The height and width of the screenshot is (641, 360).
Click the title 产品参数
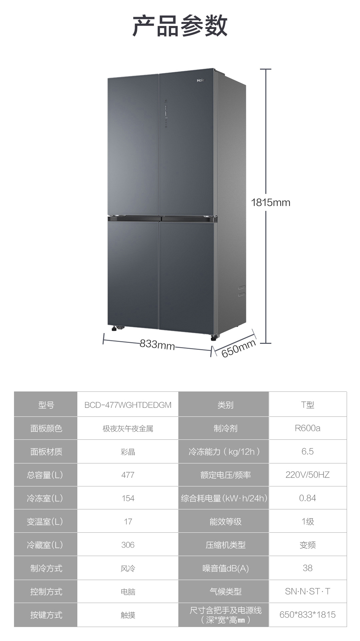180,26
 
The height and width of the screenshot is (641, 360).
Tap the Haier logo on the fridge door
200,80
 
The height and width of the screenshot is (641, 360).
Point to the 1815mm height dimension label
270,202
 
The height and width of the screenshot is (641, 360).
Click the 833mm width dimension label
157,344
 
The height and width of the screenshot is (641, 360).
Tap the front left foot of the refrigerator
115,328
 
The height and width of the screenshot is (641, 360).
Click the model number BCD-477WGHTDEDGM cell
128,405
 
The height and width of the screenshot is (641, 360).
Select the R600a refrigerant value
307,428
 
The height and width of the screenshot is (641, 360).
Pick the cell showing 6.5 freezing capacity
307,451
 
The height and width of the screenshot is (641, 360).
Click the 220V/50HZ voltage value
307,475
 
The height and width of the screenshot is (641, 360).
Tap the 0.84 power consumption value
307,498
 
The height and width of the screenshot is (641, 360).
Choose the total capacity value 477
128,475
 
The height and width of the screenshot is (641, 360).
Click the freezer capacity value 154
128,498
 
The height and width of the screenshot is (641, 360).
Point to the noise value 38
307,568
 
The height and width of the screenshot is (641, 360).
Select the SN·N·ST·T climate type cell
307,591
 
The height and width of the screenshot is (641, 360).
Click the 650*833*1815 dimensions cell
307,615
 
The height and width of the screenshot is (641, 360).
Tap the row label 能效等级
225,521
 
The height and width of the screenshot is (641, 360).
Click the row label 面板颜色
46,428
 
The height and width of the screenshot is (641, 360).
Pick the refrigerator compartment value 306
128,545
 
